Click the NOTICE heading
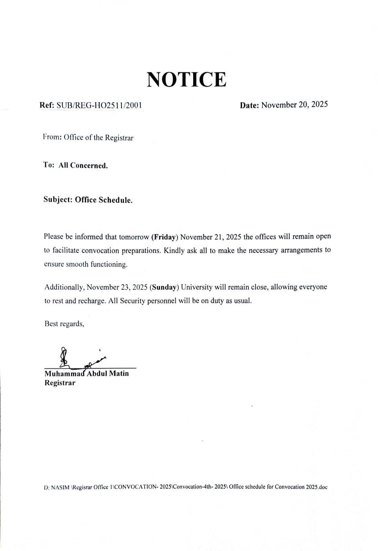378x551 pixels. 187,80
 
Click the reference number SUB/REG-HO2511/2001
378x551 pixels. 99,105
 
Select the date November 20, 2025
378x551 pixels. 294,105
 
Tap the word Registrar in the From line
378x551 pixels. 119,138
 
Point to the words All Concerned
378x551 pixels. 83,166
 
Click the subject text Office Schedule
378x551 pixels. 103,200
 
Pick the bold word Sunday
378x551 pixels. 164,287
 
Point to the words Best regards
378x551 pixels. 64,324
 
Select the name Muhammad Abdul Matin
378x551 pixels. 87,374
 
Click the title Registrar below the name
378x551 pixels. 60,383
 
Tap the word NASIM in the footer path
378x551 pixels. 60,487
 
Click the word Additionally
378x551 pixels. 64,287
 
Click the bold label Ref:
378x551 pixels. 47,105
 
